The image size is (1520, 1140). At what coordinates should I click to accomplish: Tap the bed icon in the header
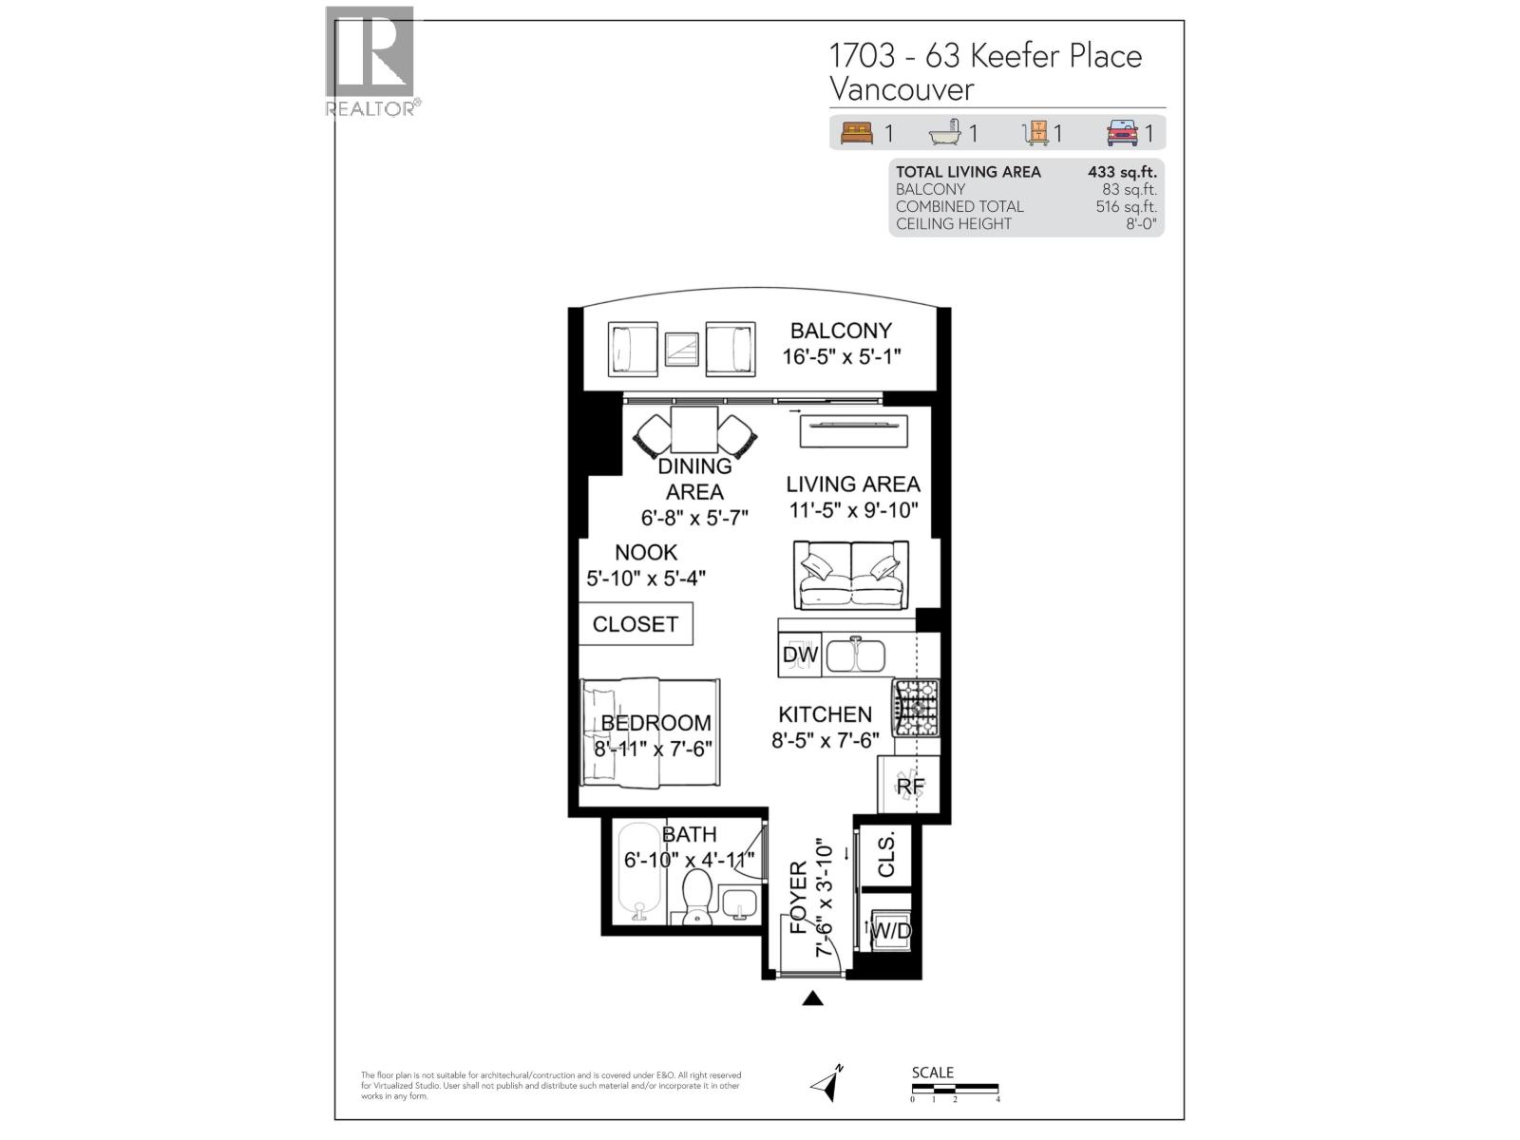click(x=857, y=133)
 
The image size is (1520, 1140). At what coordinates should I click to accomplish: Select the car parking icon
click(x=1122, y=133)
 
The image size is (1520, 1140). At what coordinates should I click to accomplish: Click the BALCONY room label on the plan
click(x=841, y=331)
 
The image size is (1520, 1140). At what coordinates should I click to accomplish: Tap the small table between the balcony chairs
click(x=682, y=349)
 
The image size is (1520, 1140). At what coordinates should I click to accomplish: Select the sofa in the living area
click(x=852, y=575)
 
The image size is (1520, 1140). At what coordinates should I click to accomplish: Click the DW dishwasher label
click(x=800, y=655)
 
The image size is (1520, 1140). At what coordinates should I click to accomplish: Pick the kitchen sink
click(x=855, y=655)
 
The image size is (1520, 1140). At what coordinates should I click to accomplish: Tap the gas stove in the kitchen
click(x=916, y=708)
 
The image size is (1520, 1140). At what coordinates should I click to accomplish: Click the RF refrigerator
click(x=909, y=786)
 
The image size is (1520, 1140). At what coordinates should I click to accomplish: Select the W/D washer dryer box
click(x=891, y=930)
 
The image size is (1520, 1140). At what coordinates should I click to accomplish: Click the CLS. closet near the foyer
click(x=886, y=855)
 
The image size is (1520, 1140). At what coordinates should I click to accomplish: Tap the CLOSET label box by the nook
click(x=636, y=624)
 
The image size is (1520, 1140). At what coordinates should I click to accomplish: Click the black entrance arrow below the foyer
click(x=812, y=997)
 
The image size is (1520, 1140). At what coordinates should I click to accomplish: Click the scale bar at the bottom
click(x=955, y=1087)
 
